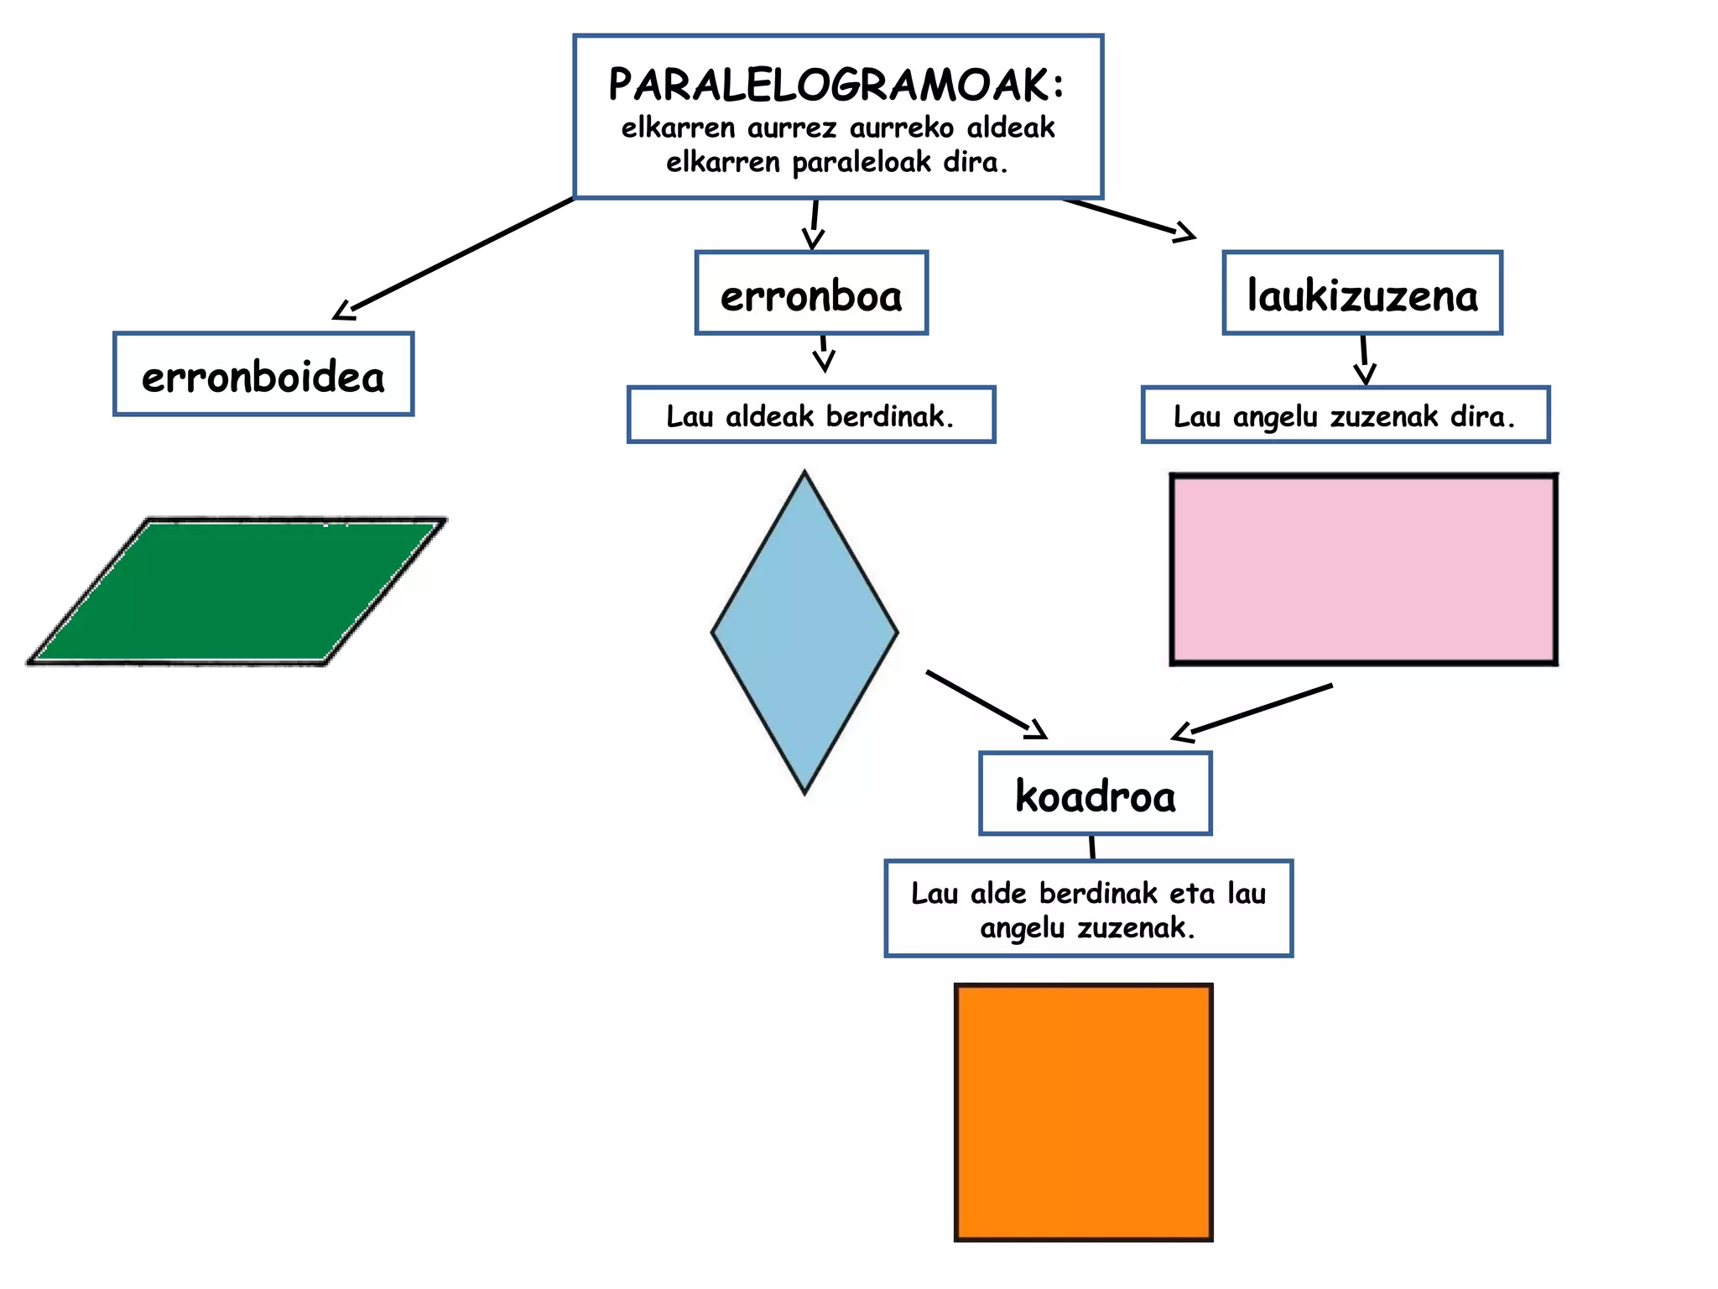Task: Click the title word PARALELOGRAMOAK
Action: click(x=836, y=85)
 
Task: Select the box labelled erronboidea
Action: click(x=263, y=374)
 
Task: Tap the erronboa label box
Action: click(x=811, y=293)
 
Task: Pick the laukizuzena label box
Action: click(x=1362, y=293)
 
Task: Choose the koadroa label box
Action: click(x=1096, y=794)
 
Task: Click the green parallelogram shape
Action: click(x=237, y=592)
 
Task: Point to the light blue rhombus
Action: click(x=804, y=632)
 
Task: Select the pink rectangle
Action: click(x=1363, y=570)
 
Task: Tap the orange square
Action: click(x=1084, y=1112)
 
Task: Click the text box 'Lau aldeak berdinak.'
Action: click(x=811, y=415)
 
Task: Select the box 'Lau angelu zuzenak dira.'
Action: click(x=1346, y=415)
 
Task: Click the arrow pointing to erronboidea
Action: click(x=453, y=258)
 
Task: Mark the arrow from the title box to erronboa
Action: click(x=814, y=225)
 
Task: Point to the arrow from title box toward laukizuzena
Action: click(x=1128, y=219)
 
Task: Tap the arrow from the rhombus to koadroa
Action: click(x=987, y=705)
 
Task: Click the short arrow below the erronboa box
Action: click(x=824, y=353)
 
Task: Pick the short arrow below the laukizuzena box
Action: click(x=1365, y=360)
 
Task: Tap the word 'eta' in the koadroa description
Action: click(x=1191, y=894)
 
